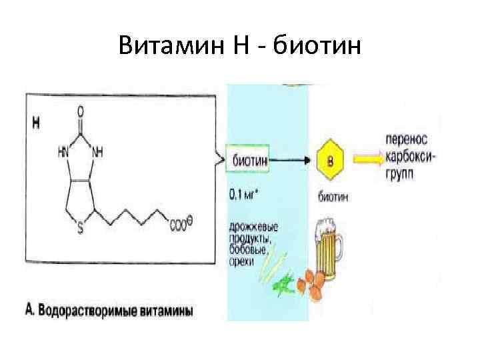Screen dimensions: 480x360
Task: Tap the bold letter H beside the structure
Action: pyautogui.click(x=36, y=123)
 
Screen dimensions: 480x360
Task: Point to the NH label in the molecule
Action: pyautogui.click(x=98, y=152)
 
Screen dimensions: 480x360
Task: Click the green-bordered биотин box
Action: pyautogui.click(x=249, y=159)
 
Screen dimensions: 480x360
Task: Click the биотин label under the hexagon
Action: pyautogui.click(x=332, y=197)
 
